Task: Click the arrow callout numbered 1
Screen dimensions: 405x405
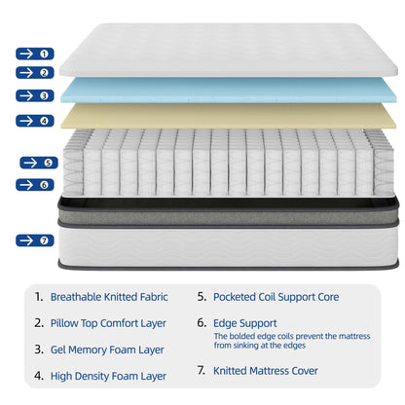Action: [33, 54]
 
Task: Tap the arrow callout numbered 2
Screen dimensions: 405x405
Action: [33, 72]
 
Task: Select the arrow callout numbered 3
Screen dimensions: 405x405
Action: [33, 95]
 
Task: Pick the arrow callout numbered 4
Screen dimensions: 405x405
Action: [33, 121]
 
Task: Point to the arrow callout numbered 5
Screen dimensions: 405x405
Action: [37, 163]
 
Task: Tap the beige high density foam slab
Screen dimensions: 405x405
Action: [229, 116]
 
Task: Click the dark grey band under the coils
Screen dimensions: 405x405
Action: [228, 205]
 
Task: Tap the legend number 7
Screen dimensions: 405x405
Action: [201, 371]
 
